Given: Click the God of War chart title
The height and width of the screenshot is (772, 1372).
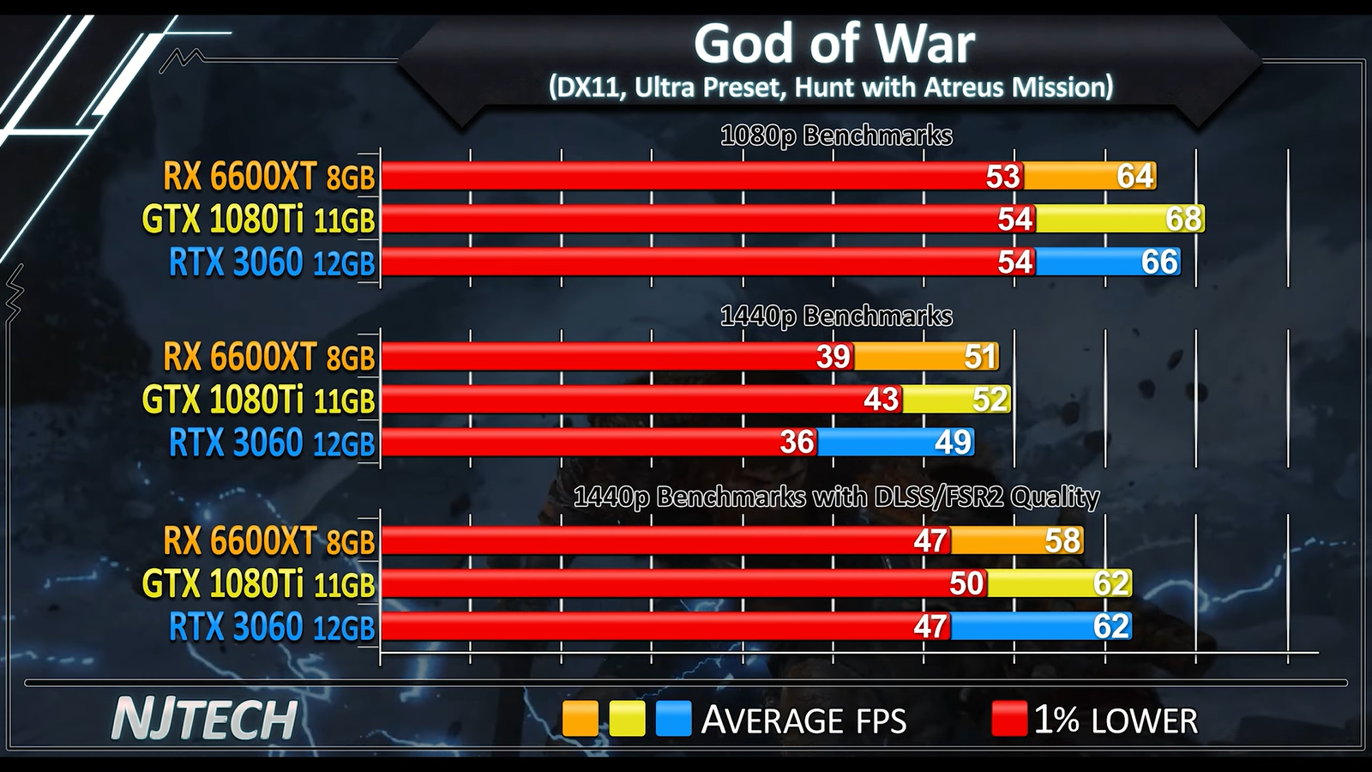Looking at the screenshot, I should [x=833, y=44].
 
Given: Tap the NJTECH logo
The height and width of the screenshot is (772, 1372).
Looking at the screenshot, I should [x=204, y=719].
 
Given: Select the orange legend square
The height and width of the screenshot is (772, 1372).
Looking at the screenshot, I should [x=580, y=719].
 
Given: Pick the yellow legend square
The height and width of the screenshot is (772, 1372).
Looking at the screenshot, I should [x=627, y=719].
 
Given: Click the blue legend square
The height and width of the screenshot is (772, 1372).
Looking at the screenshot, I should [x=673, y=719].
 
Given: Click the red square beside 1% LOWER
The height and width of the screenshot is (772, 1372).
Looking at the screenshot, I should [x=1008, y=719].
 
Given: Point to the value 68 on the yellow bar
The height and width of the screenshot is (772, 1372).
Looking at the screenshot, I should [x=1183, y=219].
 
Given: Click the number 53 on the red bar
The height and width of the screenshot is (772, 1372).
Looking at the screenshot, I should [x=1002, y=177].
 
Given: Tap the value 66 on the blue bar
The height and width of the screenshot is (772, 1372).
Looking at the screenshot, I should [x=1159, y=262].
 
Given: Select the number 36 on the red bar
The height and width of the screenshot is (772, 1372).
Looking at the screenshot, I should [x=797, y=443].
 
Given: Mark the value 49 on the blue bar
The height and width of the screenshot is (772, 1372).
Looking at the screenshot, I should [x=953, y=443].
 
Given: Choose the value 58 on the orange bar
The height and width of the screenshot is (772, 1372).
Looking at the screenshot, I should [x=1062, y=540].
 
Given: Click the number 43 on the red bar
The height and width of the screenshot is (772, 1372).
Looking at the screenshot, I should [x=881, y=400].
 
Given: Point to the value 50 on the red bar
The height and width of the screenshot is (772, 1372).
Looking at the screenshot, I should [x=966, y=583].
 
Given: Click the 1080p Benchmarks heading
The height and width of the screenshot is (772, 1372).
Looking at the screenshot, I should [x=836, y=136].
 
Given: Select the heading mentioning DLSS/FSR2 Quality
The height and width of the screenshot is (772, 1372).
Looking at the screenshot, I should [x=836, y=498].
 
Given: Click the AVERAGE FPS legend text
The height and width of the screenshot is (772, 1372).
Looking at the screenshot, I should [x=803, y=721].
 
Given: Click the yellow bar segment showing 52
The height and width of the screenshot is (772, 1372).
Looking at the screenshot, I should [x=956, y=400].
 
